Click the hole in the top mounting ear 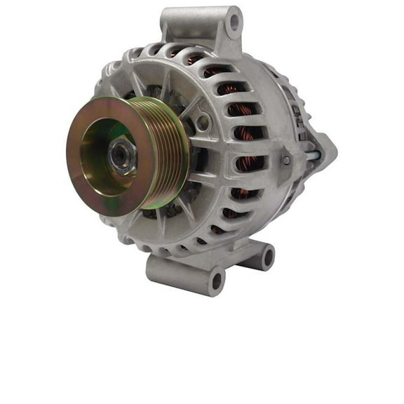point(234,23)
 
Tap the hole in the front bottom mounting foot point(216,281)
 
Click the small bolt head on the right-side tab point(285,161)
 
